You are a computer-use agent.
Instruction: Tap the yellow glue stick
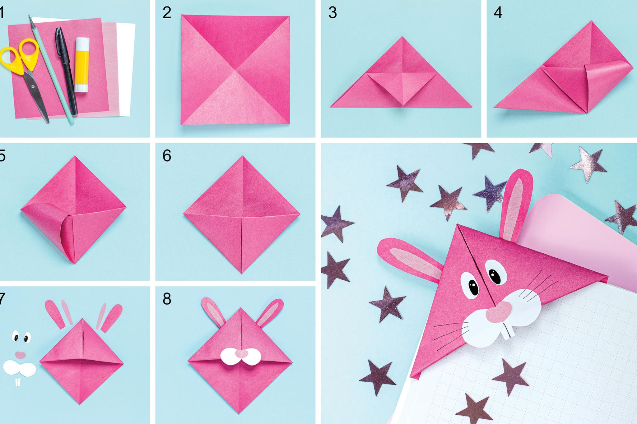pos(82,65)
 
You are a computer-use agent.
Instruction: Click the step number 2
pos(167,13)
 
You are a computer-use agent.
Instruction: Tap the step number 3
pos(332,13)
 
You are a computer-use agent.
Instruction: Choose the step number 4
pos(498,13)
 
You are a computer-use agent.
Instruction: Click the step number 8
pos(167,299)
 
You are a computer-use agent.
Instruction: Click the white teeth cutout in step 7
pos(18,382)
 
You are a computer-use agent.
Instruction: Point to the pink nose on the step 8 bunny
pos(241,353)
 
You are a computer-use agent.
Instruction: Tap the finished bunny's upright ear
pos(515,205)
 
